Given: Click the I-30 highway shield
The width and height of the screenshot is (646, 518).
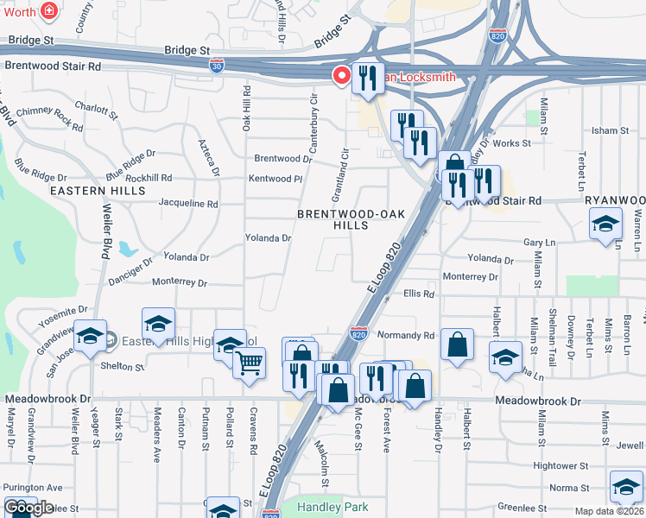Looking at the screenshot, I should (x=216, y=65).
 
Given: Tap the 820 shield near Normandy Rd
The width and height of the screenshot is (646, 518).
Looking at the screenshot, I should (x=360, y=332).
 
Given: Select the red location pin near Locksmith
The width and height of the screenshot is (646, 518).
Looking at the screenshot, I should (x=342, y=77).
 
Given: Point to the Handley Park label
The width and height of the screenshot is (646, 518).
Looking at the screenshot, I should (x=332, y=508).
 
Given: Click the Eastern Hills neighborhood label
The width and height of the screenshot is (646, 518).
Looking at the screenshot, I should (x=85, y=190).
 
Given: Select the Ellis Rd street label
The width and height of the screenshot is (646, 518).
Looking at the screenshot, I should (x=418, y=294).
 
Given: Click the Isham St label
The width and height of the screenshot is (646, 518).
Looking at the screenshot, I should (x=611, y=130).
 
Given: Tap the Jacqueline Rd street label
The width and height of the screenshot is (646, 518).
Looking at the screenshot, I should (x=188, y=204).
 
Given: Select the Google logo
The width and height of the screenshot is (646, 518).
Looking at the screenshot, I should (x=28, y=508).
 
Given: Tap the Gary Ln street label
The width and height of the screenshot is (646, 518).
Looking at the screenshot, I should (x=537, y=243).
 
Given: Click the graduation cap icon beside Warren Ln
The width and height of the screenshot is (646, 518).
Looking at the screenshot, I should (x=605, y=224).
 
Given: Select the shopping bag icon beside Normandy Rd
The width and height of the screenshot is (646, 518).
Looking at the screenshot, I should (x=457, y=344).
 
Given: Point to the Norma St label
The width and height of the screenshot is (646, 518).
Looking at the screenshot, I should (x=569, y=488).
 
